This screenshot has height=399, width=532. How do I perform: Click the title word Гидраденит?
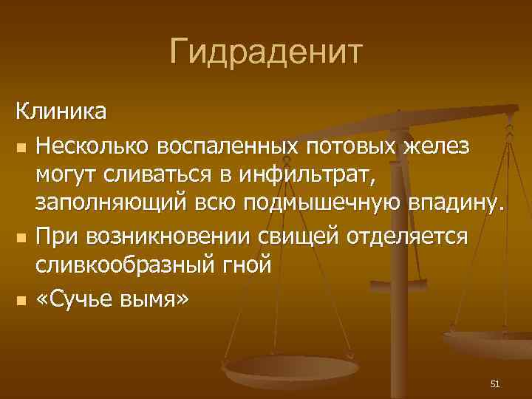coord(266,52)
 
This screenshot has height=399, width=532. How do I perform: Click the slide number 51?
coord(495,383)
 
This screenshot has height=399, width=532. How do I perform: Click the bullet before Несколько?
coord(21,146)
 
